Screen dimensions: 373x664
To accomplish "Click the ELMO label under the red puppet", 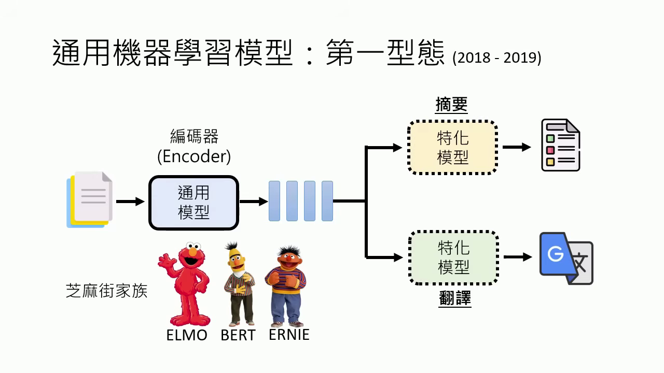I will [x=187, y=335].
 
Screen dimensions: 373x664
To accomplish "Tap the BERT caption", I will [x=238, y=335].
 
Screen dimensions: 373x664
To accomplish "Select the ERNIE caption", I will [x=289, y=335].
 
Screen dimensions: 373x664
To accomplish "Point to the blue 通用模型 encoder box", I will [x=193, y=203].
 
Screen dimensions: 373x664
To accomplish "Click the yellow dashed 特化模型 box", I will [x=453, y=147].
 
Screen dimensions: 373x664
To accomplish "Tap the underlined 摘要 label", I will [x=451, y=105].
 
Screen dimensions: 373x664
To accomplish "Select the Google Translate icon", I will [x=566, y=258].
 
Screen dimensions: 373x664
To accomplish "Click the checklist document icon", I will [x=560, y=145].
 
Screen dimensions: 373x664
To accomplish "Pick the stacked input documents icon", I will [x=89, y=199].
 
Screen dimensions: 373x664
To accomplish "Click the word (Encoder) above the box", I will [x=194, y=156].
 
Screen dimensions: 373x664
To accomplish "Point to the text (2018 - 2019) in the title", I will [x=496, y=58].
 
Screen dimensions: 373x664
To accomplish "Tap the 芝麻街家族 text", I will [x=107, y=291].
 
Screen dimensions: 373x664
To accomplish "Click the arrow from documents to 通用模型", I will [x=130, y=202].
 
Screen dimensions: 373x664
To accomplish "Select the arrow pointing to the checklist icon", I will [x=517, y=147].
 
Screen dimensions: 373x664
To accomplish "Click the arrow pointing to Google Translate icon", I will [x=518, y=257].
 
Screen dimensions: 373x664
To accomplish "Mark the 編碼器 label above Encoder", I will [x=194, y=136].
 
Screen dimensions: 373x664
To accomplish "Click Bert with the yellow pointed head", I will [x=238, y=282].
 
